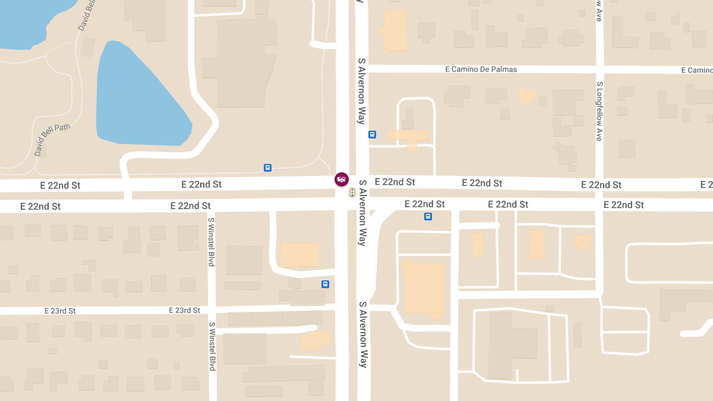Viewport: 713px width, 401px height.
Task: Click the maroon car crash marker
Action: tap(342, 179)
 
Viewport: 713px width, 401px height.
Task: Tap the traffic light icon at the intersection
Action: tap(352, 192)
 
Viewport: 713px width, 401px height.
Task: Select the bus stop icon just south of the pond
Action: tap(268, 168)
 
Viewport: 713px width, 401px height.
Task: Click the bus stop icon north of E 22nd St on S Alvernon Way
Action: tap(373, 134)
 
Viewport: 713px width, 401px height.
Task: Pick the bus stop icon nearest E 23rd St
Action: tap(325, 284)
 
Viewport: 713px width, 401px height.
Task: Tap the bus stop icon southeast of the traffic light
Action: tap(428, 216)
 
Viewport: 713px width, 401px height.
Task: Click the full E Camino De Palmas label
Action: tap(481, 70)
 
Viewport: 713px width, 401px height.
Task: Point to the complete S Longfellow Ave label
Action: tap(600, 111)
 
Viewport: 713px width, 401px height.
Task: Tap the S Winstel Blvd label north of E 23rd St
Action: tap(211, 241)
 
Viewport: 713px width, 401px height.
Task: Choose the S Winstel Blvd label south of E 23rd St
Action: tap(212, 346)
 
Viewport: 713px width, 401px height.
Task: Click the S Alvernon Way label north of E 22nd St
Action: tap(361, 91)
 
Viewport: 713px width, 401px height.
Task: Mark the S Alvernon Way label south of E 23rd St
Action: tap(362, 334)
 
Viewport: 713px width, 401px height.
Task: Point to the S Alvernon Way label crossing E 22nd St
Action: tap(361, 212)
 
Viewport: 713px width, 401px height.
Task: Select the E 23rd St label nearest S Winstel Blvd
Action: tap(184, 310)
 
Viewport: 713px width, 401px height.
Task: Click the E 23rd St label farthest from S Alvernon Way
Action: tap(60, 311)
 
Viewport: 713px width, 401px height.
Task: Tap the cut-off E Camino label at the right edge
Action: tap(696, 70)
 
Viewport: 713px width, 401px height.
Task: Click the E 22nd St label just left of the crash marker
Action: tap(201, 184)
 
